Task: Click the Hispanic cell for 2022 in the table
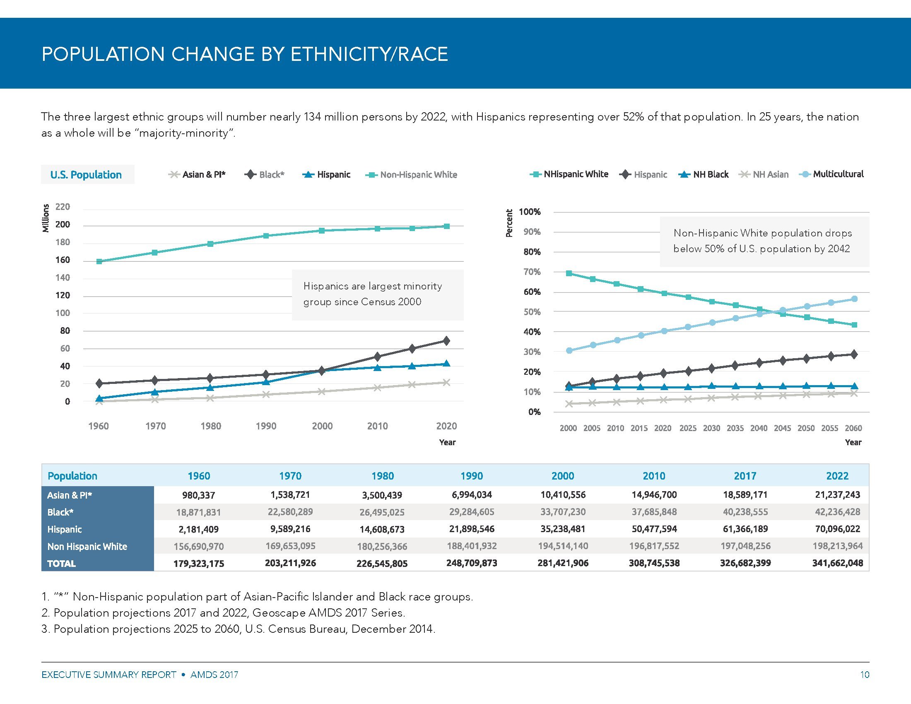click(837, 529)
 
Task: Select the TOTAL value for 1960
click(198, 564)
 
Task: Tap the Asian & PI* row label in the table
click(70, 495)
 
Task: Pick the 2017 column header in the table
click(745, 476)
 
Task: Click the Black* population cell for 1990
click(471, 512)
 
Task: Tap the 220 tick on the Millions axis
click(63, 207)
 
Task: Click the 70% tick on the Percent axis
click(532, 272)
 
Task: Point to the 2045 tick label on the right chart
click(782, 428)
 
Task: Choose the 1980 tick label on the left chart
click(211, 426)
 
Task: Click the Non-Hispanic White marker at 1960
click(99, 261)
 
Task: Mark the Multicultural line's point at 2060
click(854, 299)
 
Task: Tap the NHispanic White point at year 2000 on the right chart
click(569, 273)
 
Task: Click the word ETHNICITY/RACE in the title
click(369, 55)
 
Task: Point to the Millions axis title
click(46, 218)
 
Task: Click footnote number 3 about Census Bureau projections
click(238, 629)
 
